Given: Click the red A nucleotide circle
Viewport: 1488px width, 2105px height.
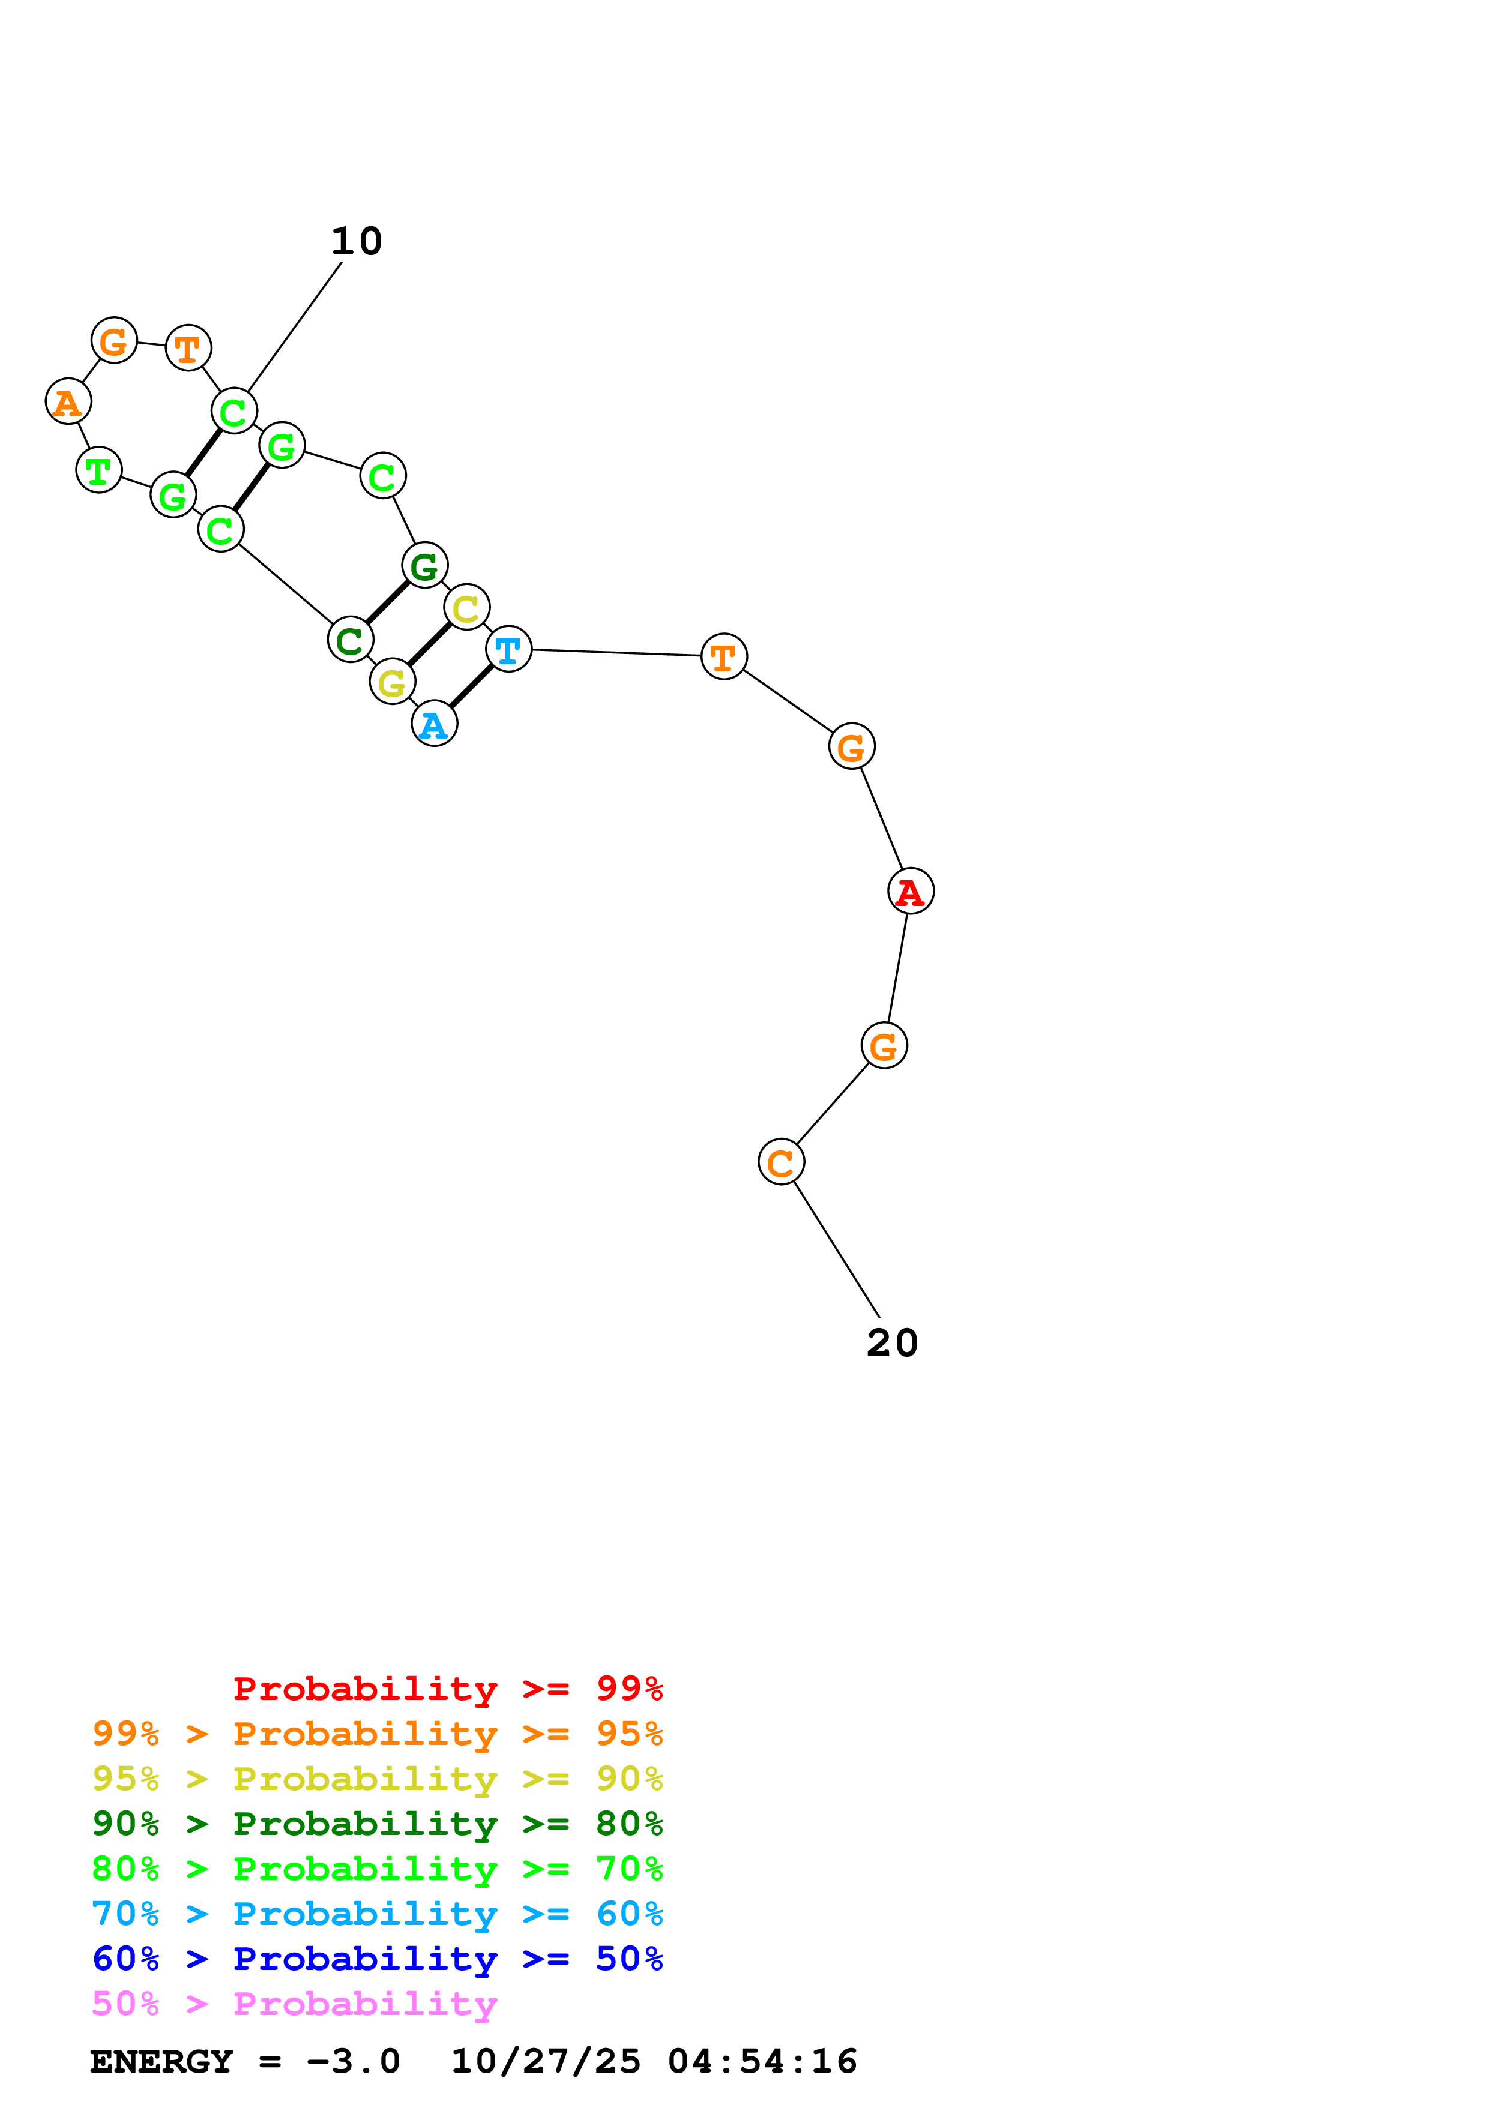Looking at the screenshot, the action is [911, 891].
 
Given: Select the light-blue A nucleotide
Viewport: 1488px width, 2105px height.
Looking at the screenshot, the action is [435, 724].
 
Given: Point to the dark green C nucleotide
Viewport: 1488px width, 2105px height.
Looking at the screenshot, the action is [350, 640].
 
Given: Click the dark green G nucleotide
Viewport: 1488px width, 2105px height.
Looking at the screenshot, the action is [424, 566].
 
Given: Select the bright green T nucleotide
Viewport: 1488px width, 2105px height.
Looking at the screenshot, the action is [99, 470].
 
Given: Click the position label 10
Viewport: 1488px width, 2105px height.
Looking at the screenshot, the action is [357, 242].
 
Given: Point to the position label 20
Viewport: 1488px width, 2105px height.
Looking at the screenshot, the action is [892, 1343].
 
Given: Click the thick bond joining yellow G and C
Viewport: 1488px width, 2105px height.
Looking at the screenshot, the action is [430, 644].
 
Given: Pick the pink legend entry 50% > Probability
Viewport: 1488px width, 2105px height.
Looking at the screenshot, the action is [294, 2004].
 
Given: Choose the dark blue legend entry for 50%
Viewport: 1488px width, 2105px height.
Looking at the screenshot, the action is [377, 1959].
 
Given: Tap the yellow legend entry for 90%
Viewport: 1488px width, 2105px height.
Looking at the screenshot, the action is [377, 1779].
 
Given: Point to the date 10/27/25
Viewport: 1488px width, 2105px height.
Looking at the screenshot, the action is [546, 2062].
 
